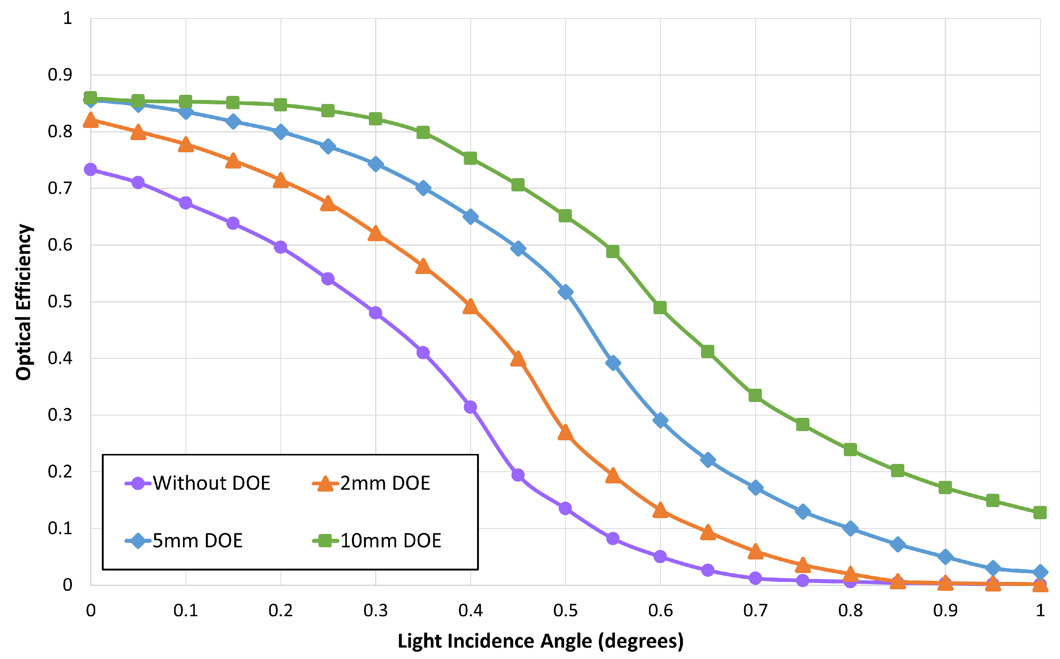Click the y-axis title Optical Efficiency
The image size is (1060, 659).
point(24,302)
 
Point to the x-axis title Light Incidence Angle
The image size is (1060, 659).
point(540,641)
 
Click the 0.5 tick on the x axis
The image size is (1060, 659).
point(565,611)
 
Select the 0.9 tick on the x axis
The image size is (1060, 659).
point(945,611)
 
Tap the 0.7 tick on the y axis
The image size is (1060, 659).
point(60,188)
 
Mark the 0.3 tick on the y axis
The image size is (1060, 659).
point(60,415)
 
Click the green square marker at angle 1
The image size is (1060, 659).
point(1040,513)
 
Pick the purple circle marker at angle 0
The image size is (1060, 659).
point(91,170)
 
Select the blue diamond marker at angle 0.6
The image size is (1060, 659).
point(660,421)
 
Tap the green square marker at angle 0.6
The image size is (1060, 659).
point(660,308)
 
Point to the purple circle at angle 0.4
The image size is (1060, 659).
point(470,407)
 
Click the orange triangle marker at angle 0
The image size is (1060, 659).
point(91,120)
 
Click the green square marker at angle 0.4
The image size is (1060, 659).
point(470,158)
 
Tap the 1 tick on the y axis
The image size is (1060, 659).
point(67,18)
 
